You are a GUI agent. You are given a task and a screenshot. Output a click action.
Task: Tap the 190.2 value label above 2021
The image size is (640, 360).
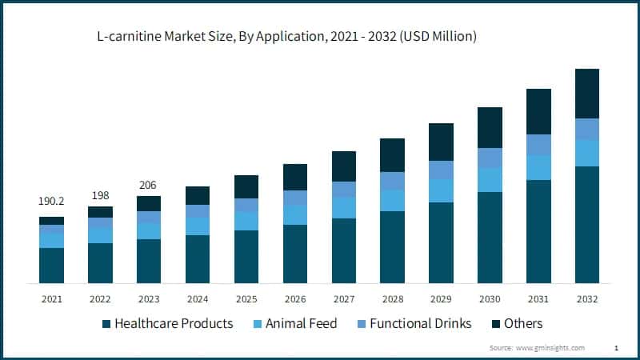point(51,201)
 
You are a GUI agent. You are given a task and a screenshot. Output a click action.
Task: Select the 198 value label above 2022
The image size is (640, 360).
point(100,195)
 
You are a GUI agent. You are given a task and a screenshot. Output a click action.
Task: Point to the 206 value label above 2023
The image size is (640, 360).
point(149,185)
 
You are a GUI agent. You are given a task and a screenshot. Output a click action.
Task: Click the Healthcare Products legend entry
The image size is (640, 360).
point(168,323)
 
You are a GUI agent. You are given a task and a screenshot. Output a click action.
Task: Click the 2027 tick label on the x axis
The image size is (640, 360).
point(343,298)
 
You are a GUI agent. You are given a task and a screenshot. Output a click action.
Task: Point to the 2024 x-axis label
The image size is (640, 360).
point(198,298)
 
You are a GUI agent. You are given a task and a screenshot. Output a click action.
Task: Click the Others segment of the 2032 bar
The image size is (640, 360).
point(587,94)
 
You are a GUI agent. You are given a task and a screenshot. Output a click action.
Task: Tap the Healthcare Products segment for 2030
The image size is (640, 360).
point(490,238)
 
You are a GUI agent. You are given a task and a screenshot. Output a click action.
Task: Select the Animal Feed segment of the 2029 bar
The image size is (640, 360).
point(441,190)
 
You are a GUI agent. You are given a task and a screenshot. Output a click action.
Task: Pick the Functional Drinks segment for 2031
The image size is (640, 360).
point(538,145)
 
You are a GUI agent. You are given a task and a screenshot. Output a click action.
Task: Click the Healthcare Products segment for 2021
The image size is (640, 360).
point(51,266)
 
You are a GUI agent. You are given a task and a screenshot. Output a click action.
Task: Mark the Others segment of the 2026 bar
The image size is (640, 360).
point(295,177)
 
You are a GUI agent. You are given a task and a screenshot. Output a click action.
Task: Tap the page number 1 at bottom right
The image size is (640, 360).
point(616,348)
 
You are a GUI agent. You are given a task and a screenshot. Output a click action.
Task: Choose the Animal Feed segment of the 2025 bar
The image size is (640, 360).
point(246,221)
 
